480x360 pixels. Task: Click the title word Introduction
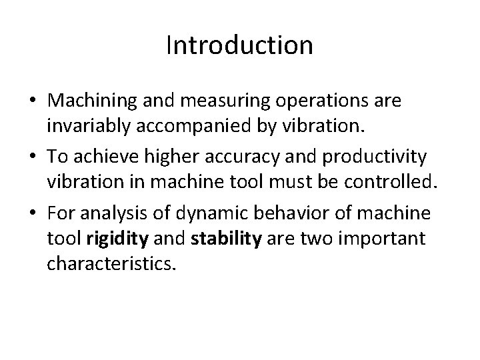tap(239, 46)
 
